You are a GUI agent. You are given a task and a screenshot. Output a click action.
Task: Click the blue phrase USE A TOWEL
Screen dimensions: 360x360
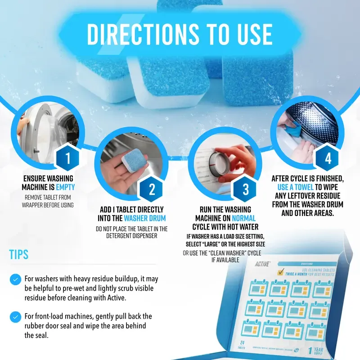coord(298,187)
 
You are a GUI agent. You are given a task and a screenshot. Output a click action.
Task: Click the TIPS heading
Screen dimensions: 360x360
coord(19,254)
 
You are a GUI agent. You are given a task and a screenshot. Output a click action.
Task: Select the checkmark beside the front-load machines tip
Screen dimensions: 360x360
coord(16,316)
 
